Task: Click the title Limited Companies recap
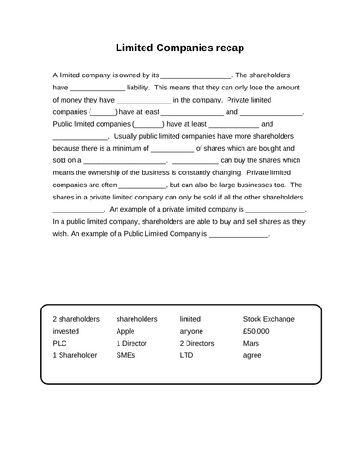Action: pyautogui.click(x=180, y=46)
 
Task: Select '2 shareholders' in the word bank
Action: pyautogui.click(x=76, y=318)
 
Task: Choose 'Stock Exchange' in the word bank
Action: pyautogui.click(x=269, y=318)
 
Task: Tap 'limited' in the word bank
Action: pyautogui.click(x=190, y=318)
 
